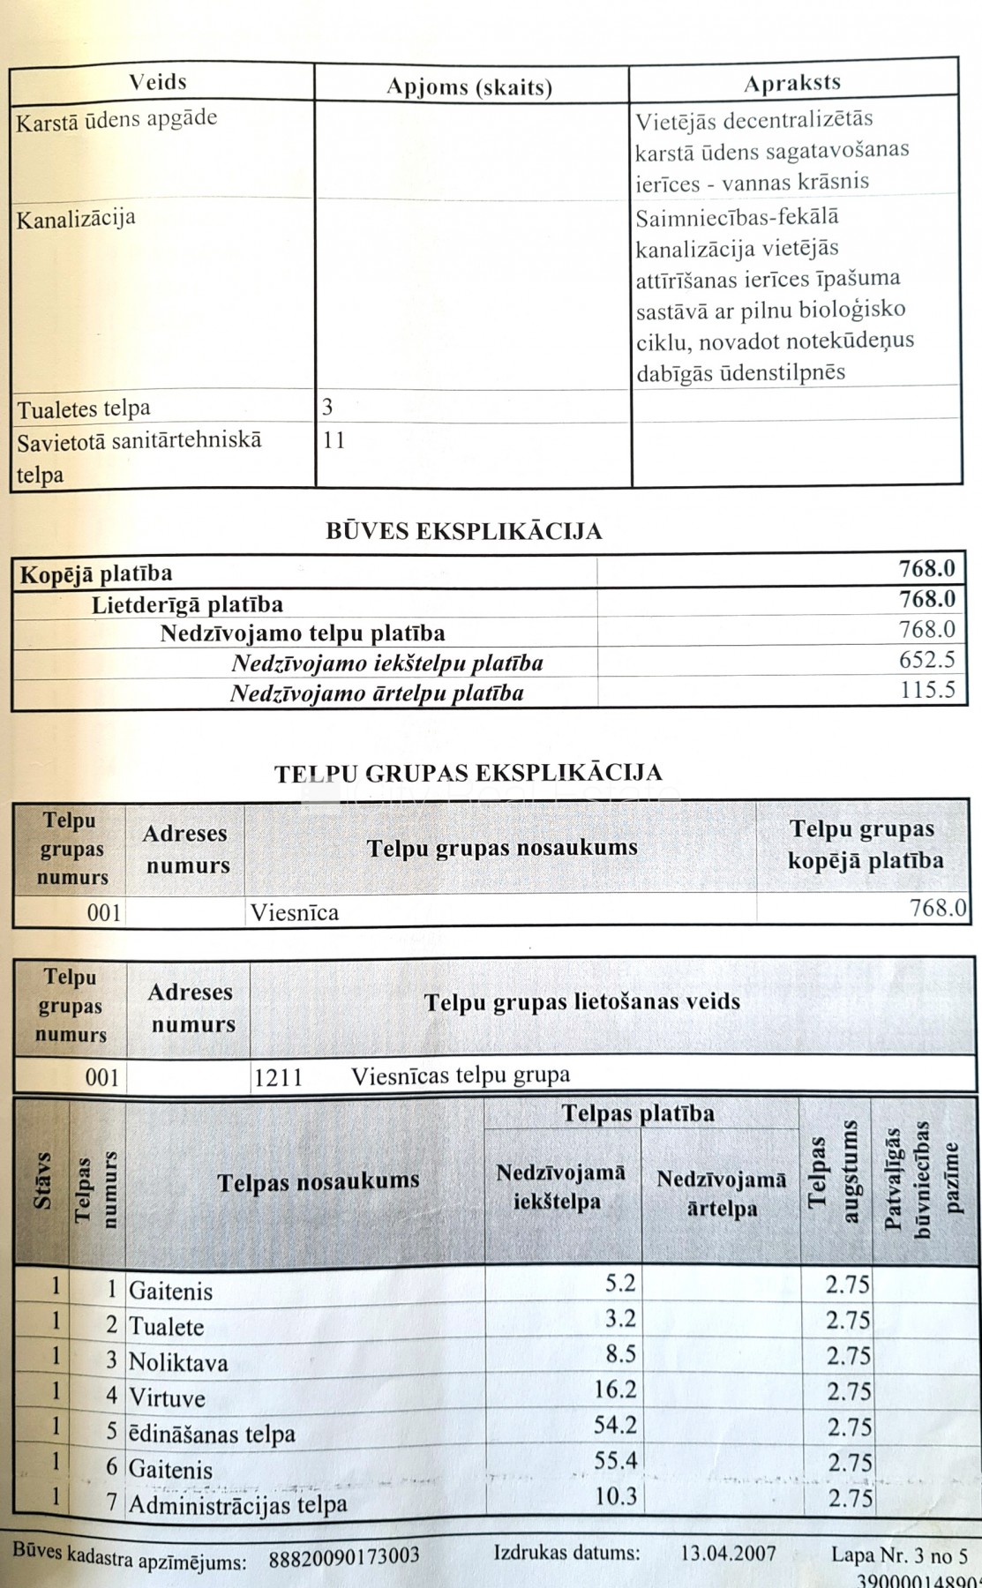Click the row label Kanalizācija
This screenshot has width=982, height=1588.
(76, 219)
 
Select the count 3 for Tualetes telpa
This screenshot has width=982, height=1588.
(327, 407)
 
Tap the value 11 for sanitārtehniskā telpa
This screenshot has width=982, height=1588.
(334, 439)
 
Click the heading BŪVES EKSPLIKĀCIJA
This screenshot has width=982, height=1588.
(464, 531)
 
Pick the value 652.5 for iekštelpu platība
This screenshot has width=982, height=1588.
(927, 660)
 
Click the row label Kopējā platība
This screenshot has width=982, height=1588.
(96, 573)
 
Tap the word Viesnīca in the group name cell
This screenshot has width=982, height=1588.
(294, 912)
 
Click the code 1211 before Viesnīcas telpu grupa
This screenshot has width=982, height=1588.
(278, 1076)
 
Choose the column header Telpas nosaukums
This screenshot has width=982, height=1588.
(319, 1181)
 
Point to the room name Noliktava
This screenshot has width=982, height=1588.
(178, 1363)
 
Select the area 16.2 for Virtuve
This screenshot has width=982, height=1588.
(615, 1390)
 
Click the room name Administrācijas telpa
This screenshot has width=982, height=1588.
(238, 1504)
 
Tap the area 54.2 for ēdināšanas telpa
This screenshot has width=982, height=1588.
(615, 1426)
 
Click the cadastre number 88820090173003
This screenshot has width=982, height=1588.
(344, 1556)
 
